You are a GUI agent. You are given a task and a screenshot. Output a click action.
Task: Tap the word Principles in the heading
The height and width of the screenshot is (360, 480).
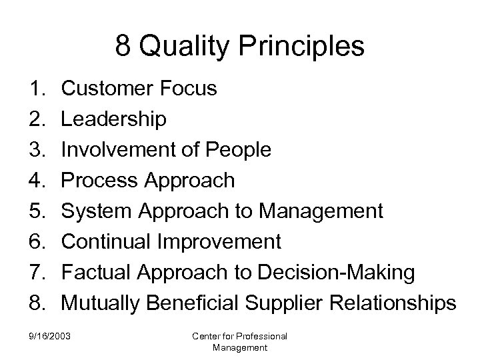(x=301, y=47)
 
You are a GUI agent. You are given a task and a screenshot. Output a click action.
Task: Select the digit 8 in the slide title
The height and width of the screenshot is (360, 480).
(x=123, y=47)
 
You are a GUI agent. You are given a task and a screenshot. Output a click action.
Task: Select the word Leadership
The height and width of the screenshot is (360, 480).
(x=114, y=119)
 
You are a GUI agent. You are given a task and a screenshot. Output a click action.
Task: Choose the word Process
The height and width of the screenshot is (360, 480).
(x=97, y=180)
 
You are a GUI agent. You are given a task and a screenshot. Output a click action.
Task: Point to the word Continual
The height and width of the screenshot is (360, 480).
(x=105, y=241)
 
